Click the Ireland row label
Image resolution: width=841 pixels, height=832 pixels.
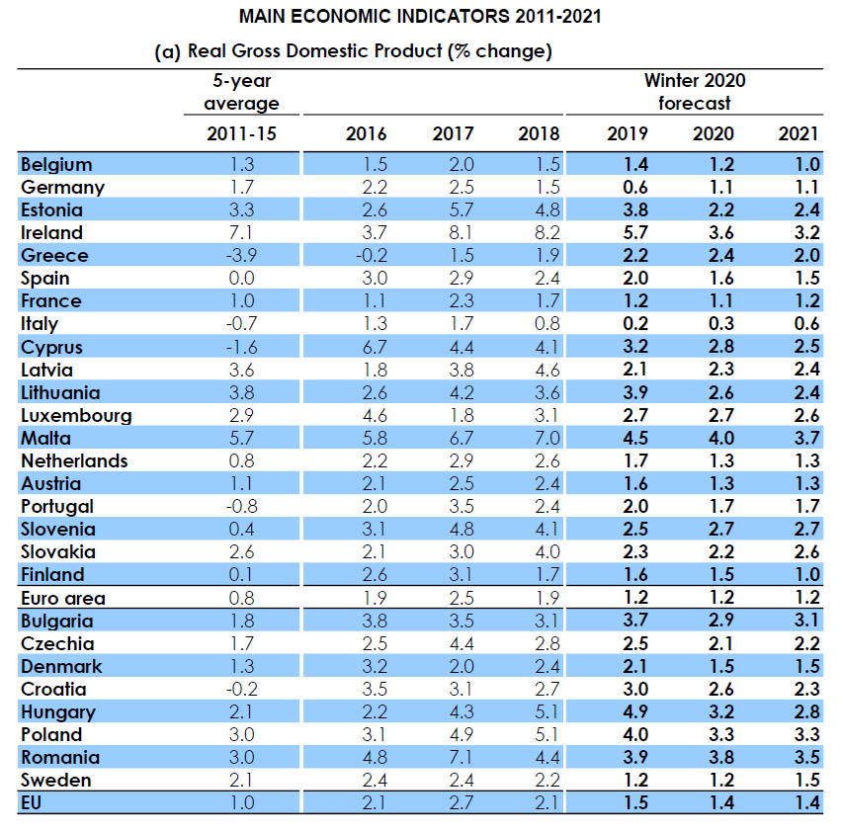[x=51, y=232]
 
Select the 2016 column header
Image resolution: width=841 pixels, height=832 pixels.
[x=366, y=134]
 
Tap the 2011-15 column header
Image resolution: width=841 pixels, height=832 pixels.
[x=242, y=134]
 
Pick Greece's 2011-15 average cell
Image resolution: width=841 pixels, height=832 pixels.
[x=241, y=255]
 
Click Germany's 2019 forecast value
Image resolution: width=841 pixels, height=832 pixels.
[x=635, y=187]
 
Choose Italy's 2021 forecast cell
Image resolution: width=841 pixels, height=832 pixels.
[x=806, y=323]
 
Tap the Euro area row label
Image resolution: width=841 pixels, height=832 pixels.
[x=63, y=598]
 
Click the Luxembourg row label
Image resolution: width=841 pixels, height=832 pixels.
[x=76, y=415]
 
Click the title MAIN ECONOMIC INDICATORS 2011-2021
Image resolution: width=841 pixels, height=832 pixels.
[x=420, y=17]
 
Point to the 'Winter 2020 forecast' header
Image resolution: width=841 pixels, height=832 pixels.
[x=696, y=92]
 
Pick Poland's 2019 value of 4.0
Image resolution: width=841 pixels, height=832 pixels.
[x=635, y=734]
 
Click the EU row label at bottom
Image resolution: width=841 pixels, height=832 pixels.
[x=32, y=803]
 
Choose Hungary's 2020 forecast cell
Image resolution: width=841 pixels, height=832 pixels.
[x=720, y=712]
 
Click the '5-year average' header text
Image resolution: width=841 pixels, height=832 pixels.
[x=242, y=92]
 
